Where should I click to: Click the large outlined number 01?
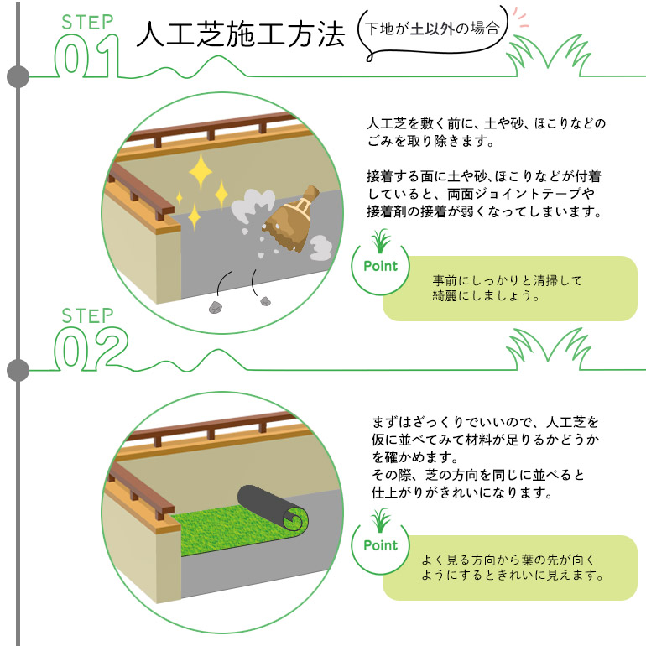[87, 56]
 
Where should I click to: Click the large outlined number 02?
[91, 348]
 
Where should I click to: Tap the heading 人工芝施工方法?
[240, 34]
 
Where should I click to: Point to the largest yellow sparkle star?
[201, 171]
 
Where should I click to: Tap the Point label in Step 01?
[380, 266]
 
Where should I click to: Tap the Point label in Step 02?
[380, 545]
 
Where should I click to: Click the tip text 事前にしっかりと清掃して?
[508, 280]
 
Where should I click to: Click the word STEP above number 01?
[87, 23]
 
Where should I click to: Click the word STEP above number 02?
[87, 316]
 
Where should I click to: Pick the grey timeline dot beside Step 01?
[18, 76]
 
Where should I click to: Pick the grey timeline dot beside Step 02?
[18, 369]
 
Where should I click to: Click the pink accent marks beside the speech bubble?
[521, 18]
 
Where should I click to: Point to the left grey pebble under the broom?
[215, 307]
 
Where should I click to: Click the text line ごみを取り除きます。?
[430, 141]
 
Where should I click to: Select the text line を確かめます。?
[415, 457]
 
